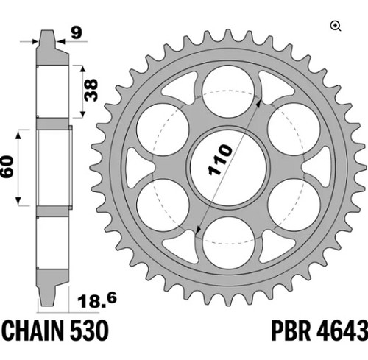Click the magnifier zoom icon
click(x=336, y=27)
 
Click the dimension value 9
click(x=77, y=32)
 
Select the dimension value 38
click(x=91, y=90)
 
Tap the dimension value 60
click(x=7, y=166)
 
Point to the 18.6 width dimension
click(x=97, y=301)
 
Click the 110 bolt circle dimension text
click(x=220, y=160)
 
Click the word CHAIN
click(x=33, y=331)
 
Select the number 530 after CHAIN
click(x=89, y=331)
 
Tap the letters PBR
click(x=291, y=331)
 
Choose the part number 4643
click(x=342, y=331)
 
